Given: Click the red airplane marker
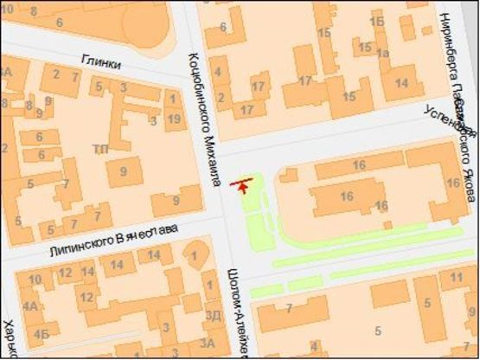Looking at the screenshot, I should click(x=243, y=183).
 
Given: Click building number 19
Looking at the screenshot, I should click(x=174, y=117).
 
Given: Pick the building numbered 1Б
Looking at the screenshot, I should click(x=377, y=19).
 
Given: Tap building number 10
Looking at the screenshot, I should click(x=35, y=280).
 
